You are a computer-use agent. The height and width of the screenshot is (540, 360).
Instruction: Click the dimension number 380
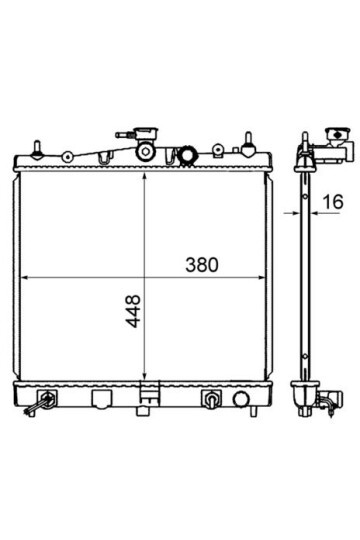click(202, 265)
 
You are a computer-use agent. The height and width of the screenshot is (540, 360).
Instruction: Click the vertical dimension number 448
click(133, 311)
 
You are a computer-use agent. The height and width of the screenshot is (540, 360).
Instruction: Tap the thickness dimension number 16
click(333, 201)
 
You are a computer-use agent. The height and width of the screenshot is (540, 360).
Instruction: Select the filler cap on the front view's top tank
click(147, 132)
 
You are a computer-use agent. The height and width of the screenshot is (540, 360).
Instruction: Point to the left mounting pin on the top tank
click(37, 150)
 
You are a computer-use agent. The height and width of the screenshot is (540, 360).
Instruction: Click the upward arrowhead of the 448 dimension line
click(145, 176)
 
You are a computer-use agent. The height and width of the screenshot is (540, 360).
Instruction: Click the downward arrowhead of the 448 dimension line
click(145, 375)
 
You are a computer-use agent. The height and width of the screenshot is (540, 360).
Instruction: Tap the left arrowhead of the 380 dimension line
click(26, 277)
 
